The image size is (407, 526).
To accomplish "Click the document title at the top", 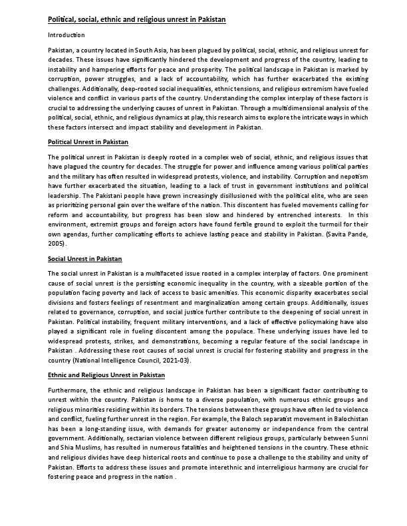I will click(x=137, y=20).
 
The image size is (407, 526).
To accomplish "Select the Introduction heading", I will click(x=66, y=35).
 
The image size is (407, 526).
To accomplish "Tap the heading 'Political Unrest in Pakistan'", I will click(x=88, y=142).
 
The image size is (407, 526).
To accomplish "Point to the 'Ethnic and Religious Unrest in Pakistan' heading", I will click(x=106, y=375).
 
